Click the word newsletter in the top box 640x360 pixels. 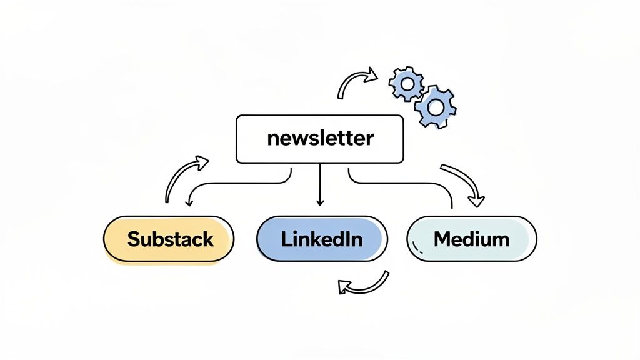319,138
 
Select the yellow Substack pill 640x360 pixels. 169,238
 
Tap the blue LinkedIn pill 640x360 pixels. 322,238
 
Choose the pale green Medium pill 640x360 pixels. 472,238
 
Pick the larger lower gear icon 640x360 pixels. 436,107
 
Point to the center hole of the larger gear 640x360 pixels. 436,107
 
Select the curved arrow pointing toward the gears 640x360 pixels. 357,83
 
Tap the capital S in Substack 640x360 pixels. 133,238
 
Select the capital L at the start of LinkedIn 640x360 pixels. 286,238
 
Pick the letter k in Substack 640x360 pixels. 207,238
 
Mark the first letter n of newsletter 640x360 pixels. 272,139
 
